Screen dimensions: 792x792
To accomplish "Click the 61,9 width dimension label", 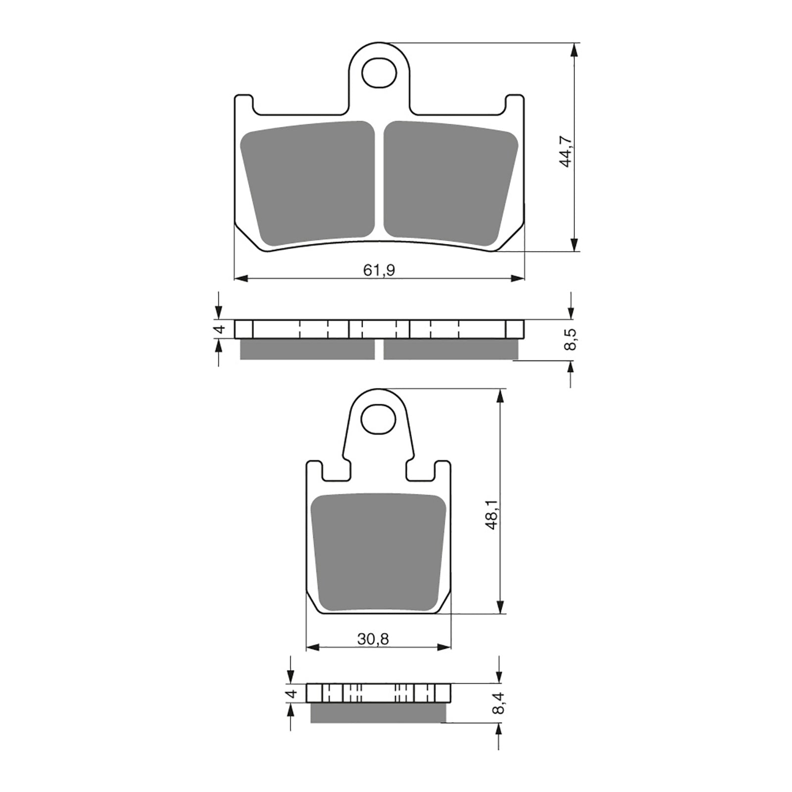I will click(x=379, y=270).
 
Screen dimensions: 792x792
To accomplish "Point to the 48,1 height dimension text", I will click(x=493, y=515).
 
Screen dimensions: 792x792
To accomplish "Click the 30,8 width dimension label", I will click(x=373, y=639).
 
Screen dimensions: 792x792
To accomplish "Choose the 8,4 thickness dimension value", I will click(x=499, y=703).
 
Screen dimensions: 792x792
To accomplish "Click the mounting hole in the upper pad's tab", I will click(x=379, y=73).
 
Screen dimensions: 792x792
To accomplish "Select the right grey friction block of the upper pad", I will click(x=449, y=183).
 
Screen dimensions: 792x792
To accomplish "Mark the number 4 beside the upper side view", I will click(x=221, y=329).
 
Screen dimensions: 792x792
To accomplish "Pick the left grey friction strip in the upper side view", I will click(x=307, y=349).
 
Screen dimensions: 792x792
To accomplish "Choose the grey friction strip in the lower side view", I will click(x=378, y=713).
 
